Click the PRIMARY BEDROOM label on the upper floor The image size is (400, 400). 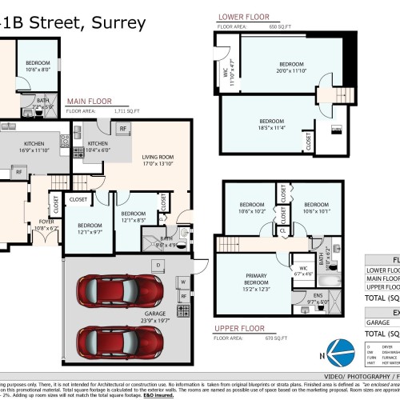point(257,278)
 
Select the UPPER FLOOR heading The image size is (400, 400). point(238,328)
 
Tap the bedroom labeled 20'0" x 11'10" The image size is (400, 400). point(291,66)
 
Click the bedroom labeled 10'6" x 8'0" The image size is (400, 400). point(37,66)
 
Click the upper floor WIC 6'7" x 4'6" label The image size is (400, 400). point(304,270)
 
